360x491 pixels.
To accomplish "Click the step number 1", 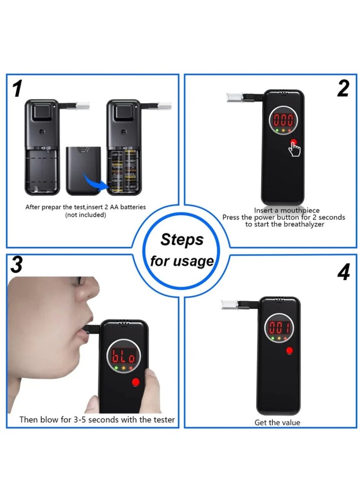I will click(x=18, y=89).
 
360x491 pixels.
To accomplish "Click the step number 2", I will click(x=343, y=89).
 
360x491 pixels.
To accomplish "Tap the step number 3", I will click(x=17, y=265).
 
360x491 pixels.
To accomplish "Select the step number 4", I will click(x=343, y=273).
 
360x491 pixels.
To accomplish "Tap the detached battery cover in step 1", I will click(x=84, y=169).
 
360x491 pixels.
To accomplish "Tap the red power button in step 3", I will click(x=135, y=382).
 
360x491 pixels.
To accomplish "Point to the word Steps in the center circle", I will click(x=182, y=240).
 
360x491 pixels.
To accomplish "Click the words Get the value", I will click(x=277, y=422).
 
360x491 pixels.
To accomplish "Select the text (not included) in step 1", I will click(x=85, y=215).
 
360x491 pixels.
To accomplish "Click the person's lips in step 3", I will click(x=81, y=333).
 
